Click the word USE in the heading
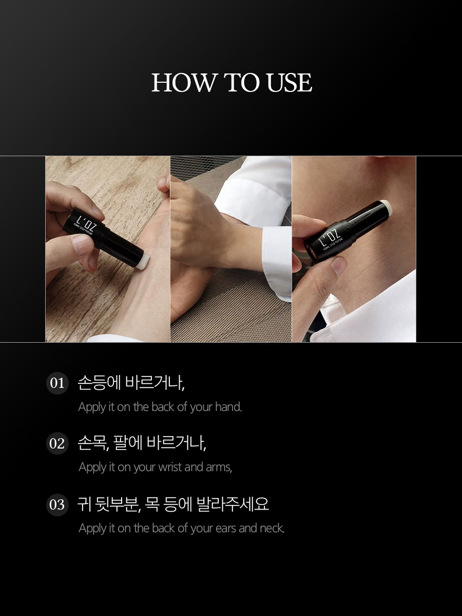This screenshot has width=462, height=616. coord(290,83)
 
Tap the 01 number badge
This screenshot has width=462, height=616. coord(57,383)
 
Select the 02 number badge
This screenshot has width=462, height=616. coord(57,443)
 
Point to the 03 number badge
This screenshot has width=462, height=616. coord(57,505)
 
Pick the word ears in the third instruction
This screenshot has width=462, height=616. coord(226,528)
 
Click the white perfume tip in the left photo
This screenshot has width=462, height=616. coord(143,261)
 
